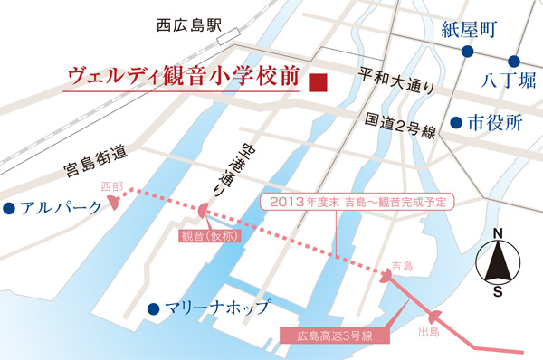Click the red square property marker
click(x=317, y=82)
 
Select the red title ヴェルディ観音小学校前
click(x=184, y=78)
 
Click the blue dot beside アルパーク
click(x=8, y=209)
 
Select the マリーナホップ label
click(x=216, y=308)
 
